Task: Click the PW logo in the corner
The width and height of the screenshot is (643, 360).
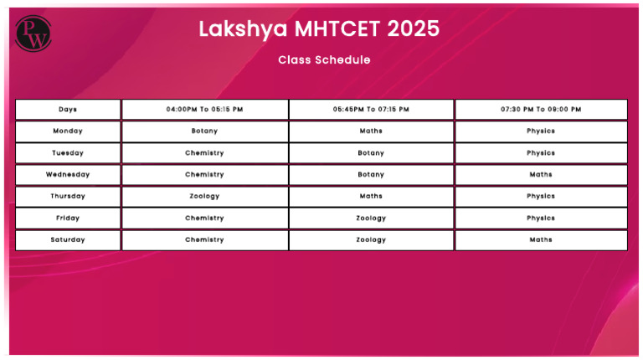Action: click(x=33, y=33)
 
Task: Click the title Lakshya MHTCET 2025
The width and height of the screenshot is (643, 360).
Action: click(x=318, y=28)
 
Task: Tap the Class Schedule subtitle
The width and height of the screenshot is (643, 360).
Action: click(x=324, y=60)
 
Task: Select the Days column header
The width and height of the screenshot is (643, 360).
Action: click(x=68, y=110)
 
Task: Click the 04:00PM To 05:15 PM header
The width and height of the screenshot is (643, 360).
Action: click(x=204, y=110)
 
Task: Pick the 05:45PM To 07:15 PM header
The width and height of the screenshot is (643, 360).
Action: click(x=371, y=110)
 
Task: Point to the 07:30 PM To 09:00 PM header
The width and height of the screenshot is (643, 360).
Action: click(x=541, y=110)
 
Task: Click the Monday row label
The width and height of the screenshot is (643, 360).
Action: click(x=68, y=131)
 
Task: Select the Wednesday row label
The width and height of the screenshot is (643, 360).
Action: click(x=68, y=175)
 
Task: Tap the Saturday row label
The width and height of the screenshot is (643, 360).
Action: click(x=68, y=240)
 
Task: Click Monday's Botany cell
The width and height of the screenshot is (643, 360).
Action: click(x=204, y=131)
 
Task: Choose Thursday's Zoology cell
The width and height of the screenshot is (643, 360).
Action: click(x=204, y=197)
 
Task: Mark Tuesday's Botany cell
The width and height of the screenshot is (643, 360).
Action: click(x=371, y=153)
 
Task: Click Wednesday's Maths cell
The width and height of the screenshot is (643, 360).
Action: click(x=541, y=175)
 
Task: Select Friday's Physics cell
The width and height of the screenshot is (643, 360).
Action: click(x=541, y=219)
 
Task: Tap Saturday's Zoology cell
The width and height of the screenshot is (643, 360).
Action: click(x=371, y=240)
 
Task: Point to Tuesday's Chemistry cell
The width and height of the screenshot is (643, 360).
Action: click(x=204, y=153)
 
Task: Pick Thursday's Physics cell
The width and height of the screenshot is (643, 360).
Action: click(x=541, y=197)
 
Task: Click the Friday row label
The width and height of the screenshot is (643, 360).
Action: click(x=68, y=219)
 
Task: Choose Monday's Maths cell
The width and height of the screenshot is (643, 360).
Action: click(x=371, y=131)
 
